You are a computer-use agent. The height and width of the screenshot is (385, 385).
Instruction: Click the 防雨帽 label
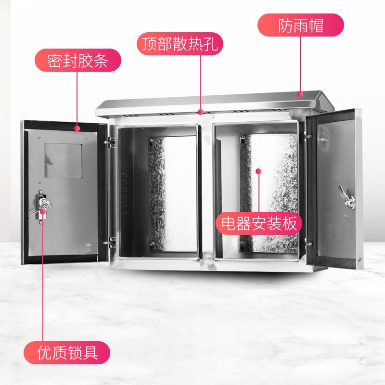click(301, 25)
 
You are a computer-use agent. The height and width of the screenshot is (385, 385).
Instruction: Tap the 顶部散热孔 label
click(180, 44)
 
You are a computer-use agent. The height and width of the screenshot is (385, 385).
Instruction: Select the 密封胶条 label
click(77, 61)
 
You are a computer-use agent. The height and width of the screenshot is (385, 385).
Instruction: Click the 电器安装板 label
click(259, 223)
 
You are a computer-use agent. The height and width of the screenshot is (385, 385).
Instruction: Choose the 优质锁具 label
click(68, 353)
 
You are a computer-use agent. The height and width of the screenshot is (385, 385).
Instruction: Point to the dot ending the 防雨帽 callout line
click(301, 94)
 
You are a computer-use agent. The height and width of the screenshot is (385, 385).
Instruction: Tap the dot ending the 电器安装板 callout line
click(258, 171)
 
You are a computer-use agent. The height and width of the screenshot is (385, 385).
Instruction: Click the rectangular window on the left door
click(63, 161)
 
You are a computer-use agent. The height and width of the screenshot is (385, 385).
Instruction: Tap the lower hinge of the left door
click(112, 239)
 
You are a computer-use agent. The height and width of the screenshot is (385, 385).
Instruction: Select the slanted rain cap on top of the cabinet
click(212, 102)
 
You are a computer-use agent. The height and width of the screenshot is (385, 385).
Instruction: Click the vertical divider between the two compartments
click(205, 192)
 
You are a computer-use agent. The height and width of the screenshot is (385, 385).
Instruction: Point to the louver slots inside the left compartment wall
click(124, 192)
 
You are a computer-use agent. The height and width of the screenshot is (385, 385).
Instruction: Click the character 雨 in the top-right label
click(301, 25)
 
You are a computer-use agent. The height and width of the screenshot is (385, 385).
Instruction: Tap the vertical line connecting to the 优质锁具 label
click(43, 289)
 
